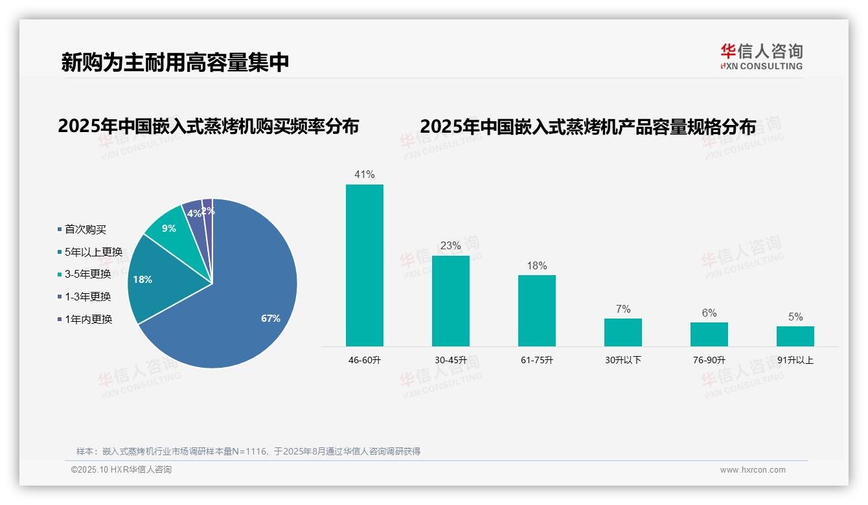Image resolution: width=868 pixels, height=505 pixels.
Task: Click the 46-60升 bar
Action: pos(364,265)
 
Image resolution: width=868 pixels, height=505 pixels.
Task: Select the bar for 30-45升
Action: pos(450,301)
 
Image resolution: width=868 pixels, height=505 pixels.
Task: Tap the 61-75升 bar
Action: pos(536,311)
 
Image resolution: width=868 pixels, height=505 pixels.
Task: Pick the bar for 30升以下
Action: pos(622,332)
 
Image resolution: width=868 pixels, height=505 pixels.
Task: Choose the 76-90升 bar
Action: pos(709,334)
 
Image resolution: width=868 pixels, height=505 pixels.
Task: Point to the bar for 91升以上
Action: pos(795,336)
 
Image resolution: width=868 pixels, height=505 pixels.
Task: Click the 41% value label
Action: pos(364,174)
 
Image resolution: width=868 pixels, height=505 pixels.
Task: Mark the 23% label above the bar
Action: pos(450,245)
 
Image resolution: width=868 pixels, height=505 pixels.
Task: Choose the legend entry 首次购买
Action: pos(85,229)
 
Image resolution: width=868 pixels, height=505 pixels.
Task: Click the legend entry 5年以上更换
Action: pos(93,252)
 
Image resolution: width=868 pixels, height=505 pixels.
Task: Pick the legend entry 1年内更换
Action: pos(88,319)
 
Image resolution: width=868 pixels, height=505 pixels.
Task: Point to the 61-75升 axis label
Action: pos(536,360)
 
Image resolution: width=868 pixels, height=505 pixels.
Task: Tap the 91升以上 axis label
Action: pos(795,360)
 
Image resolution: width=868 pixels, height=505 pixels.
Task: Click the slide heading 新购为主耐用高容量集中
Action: pos(175,62)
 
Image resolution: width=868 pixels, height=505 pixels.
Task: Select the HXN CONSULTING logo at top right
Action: pos(761,57)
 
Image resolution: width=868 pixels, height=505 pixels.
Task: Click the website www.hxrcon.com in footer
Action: pos(753,470)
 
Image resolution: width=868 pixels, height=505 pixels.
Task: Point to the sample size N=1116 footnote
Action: pos(248,451)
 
